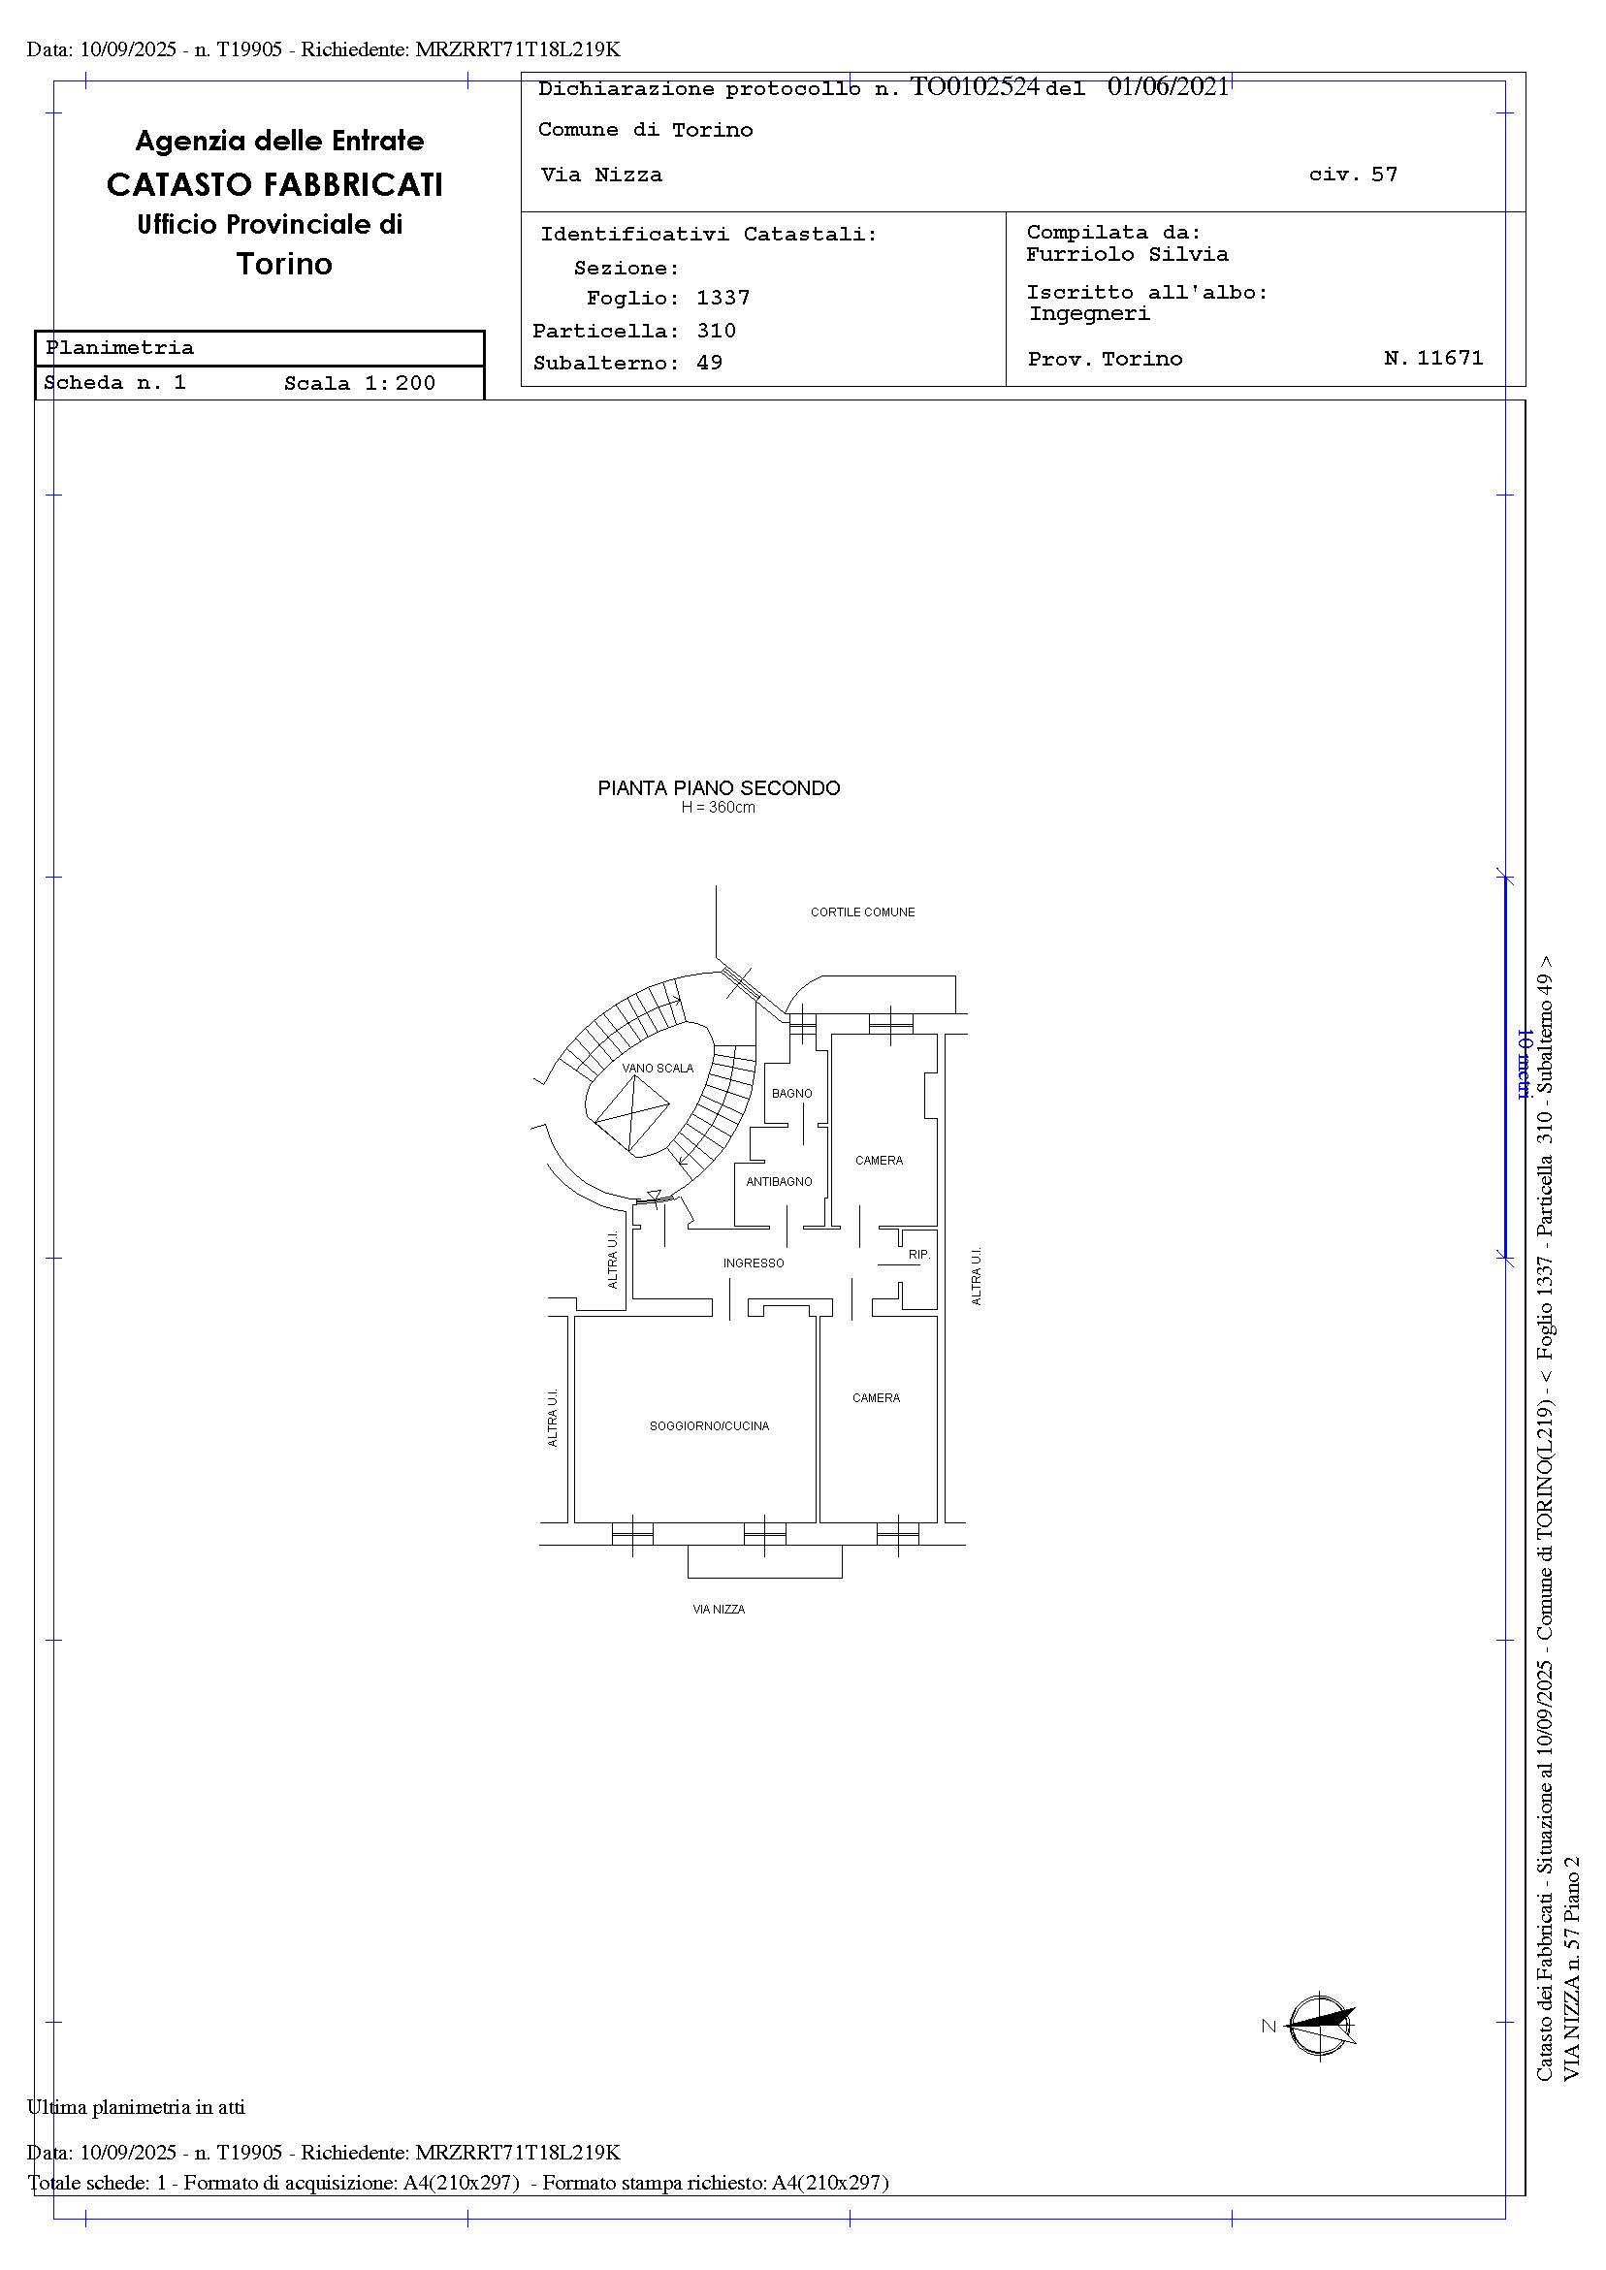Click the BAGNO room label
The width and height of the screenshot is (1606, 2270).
click(x=791, y=1094)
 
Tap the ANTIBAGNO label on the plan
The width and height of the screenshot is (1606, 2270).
click(x=780, y=1181)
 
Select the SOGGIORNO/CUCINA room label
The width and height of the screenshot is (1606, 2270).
click(x=709, y=1425)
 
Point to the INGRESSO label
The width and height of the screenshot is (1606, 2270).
click(x=754, y=1263)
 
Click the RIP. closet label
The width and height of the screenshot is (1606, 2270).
click(x=919, y=1255)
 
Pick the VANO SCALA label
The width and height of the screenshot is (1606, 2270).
click(x=658, y=1068)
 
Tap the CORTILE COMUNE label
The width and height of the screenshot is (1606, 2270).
click(x=862, y=912)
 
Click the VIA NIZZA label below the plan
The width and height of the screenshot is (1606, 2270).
click(x=719, y=1610)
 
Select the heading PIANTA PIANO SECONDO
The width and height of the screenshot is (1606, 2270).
click(x=719, y=788)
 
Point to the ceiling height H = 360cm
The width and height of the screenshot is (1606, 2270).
click(x=718, y=808)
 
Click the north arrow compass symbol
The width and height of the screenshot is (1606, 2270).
click(x=1321, y=2026)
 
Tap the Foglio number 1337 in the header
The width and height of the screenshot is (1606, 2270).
click(x=723, y=298)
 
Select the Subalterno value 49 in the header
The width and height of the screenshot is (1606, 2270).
click(x=709, y=363)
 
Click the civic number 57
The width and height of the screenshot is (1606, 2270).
click(x=1385, y=175)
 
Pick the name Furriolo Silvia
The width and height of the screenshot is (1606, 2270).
click(x=1127, y=254)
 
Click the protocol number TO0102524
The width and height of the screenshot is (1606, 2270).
click(x=975, y=87)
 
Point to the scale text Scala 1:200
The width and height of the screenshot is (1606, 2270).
click(x=359, y=384)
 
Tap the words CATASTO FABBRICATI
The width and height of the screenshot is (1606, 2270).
click(x=274, y=185)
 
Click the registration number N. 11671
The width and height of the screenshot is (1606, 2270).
click(x=1434, y=358)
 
